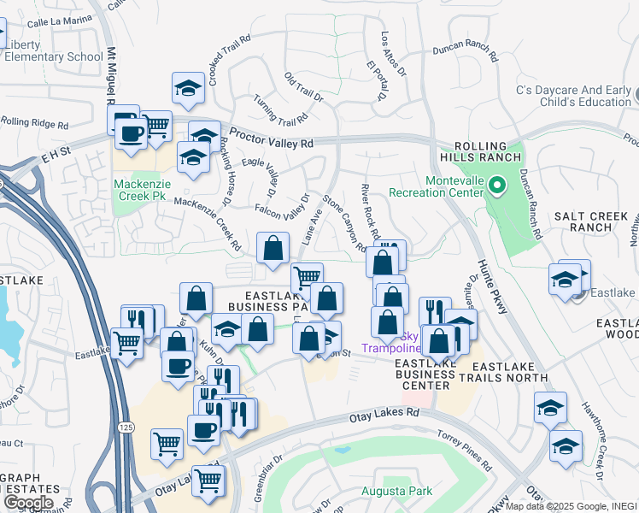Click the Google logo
pyautogui.click(x=28, y=502)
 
